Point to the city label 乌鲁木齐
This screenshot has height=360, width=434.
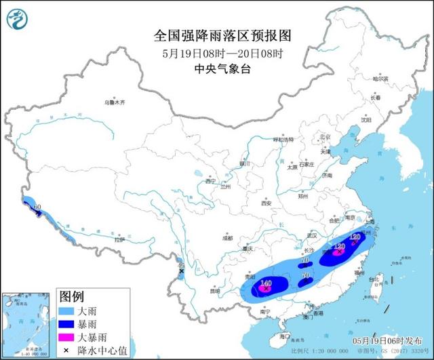click(115, 102)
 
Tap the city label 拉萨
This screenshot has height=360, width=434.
click(119, 240)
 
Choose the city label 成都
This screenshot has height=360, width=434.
click(226, 238)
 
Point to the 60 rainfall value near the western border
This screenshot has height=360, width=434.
click(38, 205)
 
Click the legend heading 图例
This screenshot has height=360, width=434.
click(72, 297)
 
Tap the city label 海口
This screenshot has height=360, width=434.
click(285, 335)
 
